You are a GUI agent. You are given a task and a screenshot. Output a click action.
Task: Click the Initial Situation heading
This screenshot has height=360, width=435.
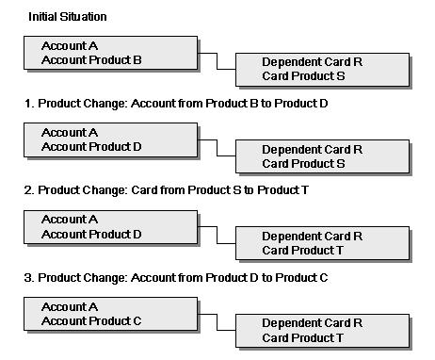pyautogui.click(x=68, y=17)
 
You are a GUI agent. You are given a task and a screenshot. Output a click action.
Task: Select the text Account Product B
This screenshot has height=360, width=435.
pyautogui.click(x=91, y=59)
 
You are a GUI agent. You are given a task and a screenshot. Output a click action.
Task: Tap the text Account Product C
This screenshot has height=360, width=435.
pyautogui.click(x=91, y=320)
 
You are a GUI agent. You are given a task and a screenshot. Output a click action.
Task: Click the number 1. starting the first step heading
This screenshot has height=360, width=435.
pyautogui.click(x=29, y=104)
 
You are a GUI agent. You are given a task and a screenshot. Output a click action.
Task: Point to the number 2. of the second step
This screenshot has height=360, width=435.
pyautogui.click(x=29, y=190)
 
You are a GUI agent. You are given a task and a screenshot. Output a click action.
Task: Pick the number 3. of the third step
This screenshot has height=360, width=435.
pyautogui.click(x=29, y=278)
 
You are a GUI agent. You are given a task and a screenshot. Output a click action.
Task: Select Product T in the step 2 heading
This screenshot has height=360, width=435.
pyautogui.click(x=283, y=190)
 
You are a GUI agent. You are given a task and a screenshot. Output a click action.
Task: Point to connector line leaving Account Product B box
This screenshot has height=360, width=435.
pyautogui.click(x=217, y=61)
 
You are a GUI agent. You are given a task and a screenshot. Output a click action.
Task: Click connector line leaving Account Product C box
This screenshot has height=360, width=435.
pyautogui.click(x=217, y=322)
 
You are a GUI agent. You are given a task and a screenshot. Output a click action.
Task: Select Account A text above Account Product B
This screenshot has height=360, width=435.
pyautogui.click(x=70, y=46)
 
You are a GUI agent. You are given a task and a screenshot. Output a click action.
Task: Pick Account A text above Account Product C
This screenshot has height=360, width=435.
pyautogui.click(x=70, y=306)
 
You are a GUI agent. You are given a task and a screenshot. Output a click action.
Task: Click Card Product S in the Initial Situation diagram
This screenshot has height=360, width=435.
pyautogui.click(x=303, y=76)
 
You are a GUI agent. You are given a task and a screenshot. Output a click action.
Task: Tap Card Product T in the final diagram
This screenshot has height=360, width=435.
pyautogui.click(x=302, y=338)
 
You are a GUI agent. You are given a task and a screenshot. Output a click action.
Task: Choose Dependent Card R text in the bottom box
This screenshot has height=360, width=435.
pyautogui.click(x=313, y=323)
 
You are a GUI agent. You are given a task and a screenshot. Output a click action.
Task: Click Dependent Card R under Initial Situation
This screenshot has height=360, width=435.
pyautogui.click(x=313, y=62)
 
